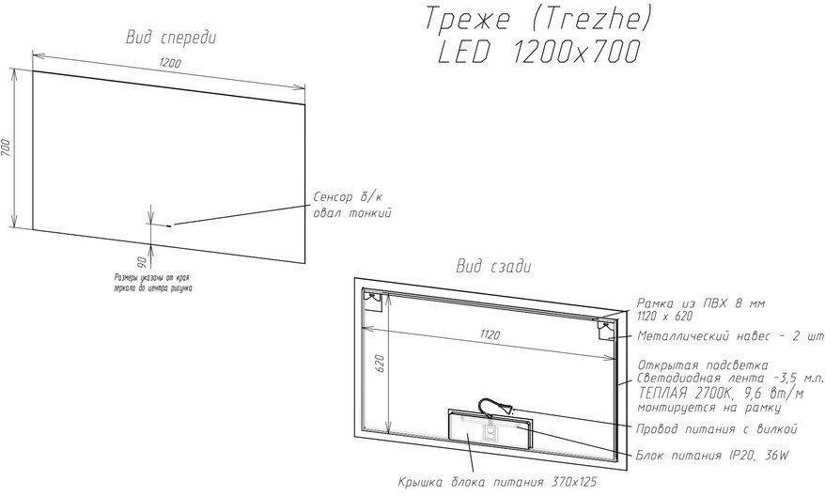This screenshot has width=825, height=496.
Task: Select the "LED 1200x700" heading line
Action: [539, 52]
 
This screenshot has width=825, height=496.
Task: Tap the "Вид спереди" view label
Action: [171, 38]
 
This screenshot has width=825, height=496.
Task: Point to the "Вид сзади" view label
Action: [493, 266]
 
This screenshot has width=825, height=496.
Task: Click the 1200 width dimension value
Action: [170, 63]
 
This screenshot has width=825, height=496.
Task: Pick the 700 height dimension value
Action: [6, 147]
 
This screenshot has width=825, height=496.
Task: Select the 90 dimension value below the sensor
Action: [141, 261]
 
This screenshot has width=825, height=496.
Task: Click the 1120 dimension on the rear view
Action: [490, 334]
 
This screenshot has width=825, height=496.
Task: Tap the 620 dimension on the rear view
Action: [381, 364]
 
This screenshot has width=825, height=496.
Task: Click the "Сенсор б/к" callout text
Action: [349, 197]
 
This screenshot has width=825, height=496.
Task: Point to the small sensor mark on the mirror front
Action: [169, 225]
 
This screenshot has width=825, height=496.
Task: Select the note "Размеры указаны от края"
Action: [152, 277]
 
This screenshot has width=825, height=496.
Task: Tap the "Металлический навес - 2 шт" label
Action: [730, 336]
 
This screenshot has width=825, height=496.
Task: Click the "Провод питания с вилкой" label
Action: [717, 428]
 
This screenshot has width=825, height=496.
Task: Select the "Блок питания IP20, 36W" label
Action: [713, 455]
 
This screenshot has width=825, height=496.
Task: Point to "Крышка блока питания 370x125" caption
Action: [498, 482]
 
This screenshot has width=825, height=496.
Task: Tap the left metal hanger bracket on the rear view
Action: [374, 301]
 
